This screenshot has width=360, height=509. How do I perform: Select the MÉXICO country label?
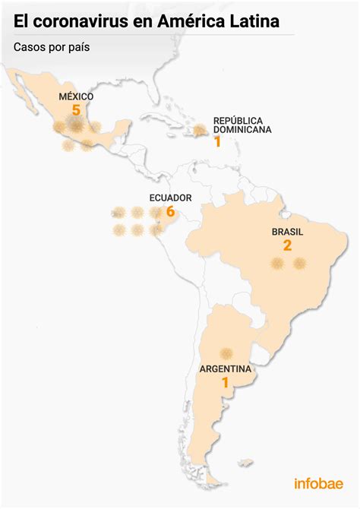click(x=76, y=96)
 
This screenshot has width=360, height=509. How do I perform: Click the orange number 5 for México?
click(x=76, y=110)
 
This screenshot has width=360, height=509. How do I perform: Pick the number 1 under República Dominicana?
click(x=217, y=141)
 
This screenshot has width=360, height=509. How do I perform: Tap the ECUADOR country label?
click(x=170, y=198)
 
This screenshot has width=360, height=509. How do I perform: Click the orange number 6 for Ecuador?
click(x=170, y=212)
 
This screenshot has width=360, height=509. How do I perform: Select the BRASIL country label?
click(x=287, y=232)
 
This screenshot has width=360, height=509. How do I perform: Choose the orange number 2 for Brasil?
click(x=287, y=246)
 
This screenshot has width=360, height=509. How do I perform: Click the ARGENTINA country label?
click(x=226, y=369)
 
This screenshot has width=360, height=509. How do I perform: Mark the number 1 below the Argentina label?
click(x=225, y=384)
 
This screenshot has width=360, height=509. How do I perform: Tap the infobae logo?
click(x=318, y=483)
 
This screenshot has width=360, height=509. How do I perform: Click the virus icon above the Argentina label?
click(x=226, y=353)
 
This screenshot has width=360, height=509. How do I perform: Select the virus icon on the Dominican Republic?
click(x=200, y=131)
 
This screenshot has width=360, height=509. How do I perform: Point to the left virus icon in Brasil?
click(x=277, y=264)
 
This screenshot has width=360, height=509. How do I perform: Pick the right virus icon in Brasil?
click(x=299, y=264)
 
